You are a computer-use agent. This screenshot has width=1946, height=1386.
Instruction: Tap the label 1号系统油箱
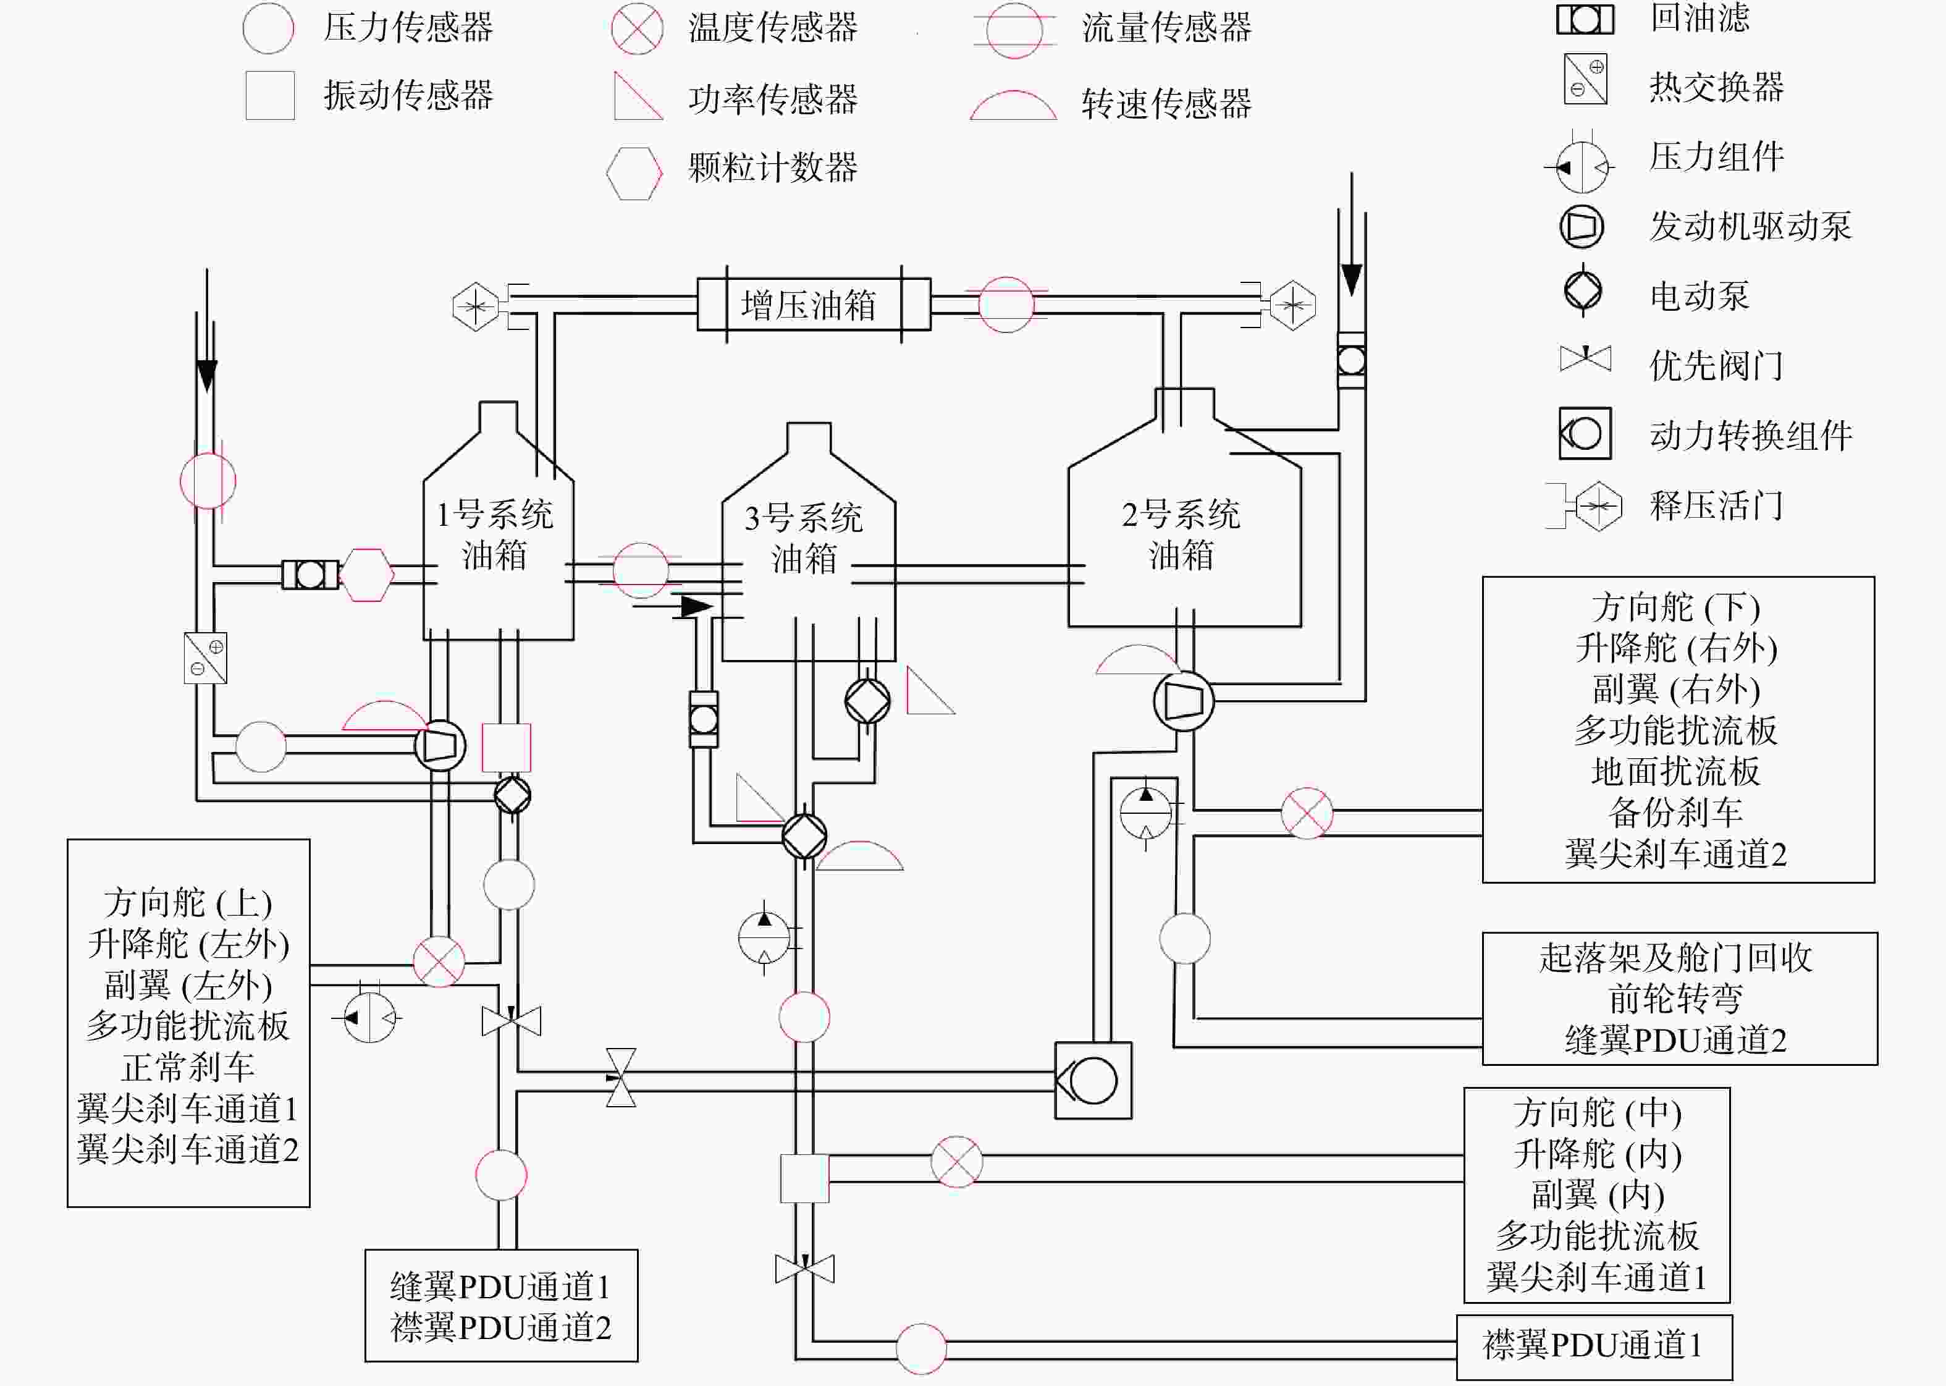[x=495, y=535]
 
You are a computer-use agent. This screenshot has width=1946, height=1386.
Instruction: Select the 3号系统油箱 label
[x=804, y=539]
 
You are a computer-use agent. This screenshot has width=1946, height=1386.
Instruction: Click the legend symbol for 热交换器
[x=1585, y=79]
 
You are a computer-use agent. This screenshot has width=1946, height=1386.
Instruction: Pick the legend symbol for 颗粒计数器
[x=634, y=173]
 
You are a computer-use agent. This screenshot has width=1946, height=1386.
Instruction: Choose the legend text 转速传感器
[x=1166, y=103]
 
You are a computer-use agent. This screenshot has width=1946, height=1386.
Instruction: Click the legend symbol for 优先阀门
[x=1585, y=358]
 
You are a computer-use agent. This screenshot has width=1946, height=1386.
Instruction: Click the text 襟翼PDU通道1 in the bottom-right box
[x=1592, y=1345]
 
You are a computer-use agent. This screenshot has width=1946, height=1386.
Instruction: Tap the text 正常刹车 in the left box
[x=188, y=1067]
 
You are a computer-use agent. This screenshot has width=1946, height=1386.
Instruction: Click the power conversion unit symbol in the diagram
[x=1093, y=1081]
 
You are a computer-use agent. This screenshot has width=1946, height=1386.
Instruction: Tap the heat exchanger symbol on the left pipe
[x=206, y=658]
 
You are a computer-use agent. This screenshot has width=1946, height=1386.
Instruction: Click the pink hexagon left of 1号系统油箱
[x=367, y=575]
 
